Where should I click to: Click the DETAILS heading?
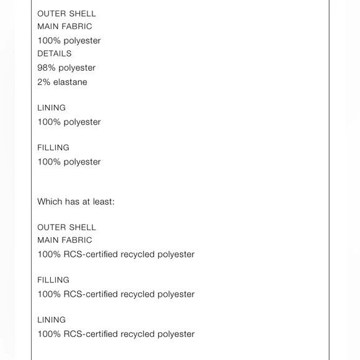point(55,53)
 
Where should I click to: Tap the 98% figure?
point(47,68)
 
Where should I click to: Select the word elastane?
point(70,82)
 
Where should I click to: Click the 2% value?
point(43,82)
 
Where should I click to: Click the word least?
point(104,202)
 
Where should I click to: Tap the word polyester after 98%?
point(77,68)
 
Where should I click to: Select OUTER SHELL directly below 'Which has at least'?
point(66,227)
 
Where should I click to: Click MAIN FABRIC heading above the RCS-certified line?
point(65,240)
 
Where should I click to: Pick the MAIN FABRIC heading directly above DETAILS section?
point(65,27)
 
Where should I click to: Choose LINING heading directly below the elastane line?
point(52,107)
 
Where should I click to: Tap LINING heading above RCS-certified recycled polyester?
point(52,320)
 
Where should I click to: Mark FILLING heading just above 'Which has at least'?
point(53,147)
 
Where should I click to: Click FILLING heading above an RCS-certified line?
point(53,280)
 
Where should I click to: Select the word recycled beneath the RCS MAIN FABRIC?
point(138,254)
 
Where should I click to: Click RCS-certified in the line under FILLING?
point(91,294)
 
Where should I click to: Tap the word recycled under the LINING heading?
point(138,335)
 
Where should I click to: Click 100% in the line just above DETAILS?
point(49,40)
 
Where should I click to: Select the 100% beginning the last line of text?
point(49,334)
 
